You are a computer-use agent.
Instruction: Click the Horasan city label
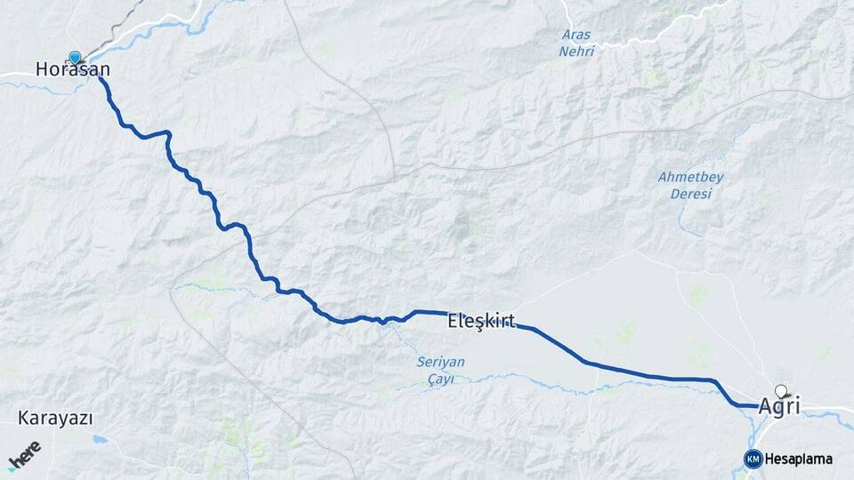pyautogui.click(x=73, y=69)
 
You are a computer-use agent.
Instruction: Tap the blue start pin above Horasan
pyautogui.click(x=75, y=57)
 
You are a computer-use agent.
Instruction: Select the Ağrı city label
pyautogui.click(x=779, y=406)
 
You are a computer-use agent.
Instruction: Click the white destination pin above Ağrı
pyautogui.click(x=781, y=390)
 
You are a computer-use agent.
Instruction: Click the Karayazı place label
pyautogui.click(x=54, y=418)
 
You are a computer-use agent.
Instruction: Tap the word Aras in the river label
pyautogui.click(x=576, y=36)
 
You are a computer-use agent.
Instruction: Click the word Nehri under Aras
pyautogui.click(x=576, y=52)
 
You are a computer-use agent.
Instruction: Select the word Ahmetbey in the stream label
pyautogui.click(x=690, y=177)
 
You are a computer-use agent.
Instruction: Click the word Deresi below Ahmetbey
pyautogui.click(x=691, y=193)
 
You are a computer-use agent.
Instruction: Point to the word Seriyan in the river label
pyautogui.click(x=440, y=362)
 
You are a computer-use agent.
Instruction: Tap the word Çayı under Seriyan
pyautogui.click(x=440, y=379)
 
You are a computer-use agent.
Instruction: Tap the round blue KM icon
pyautogui.click(x=753, y=459)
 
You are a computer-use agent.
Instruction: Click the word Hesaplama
pyautogui.click(x=799, y=460)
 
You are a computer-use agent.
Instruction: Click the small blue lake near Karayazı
pyautogui.click(x=100, y=439)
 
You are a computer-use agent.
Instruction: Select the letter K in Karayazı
pyautogui.click(x=22, y=418)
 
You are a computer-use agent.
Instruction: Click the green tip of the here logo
pyautogui.click(x=12, y=468)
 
